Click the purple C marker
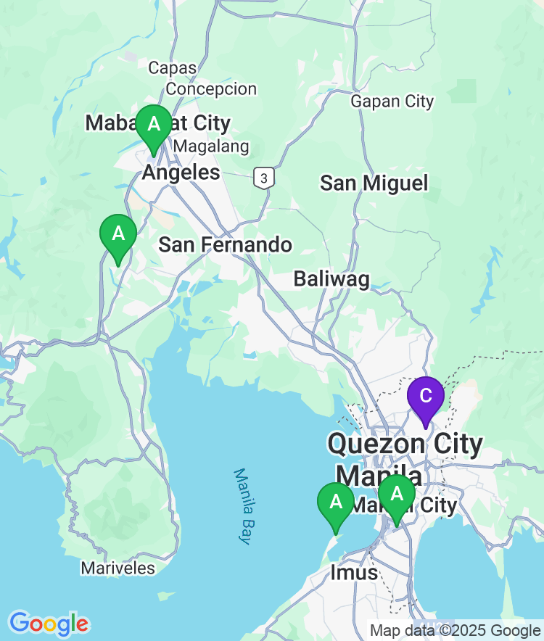(x=425, y=396)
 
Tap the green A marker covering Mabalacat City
(x=154, y=124)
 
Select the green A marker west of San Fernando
(x=118, y=234)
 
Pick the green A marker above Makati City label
(x=397, y=494)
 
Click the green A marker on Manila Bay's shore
(x=336, y=502)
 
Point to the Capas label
(x=173, y=68)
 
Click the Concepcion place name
(x=211, y=89)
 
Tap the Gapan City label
(x=392, y=102)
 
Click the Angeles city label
(x=181, y=172)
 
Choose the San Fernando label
(x=225, y=244)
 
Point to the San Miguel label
(x=374, y=183)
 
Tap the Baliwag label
(x=331, y=278)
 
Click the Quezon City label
(x=405, y=444)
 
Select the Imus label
(x=354, y=572)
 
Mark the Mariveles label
(x=118, y=568)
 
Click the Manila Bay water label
(x=242, y=506)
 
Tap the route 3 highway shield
(x=264, y=178)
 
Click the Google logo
(x=49, y=623)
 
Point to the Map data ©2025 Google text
(x=455, y=630)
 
